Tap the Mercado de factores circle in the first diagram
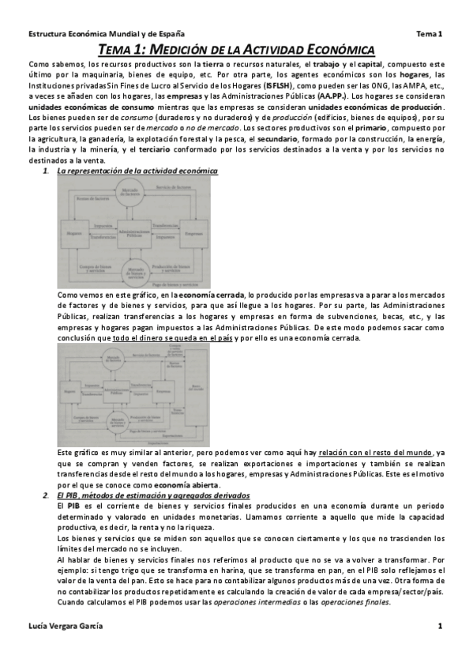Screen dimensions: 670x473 [x=132, y=194]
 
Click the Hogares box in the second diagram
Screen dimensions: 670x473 [x=69, y=390]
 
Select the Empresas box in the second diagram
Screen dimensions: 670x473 [x=163, y=390]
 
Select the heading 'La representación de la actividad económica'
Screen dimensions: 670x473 [x=138, y=171]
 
